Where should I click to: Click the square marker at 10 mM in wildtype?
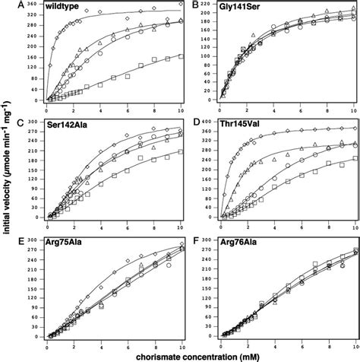(x=180, y=56)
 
